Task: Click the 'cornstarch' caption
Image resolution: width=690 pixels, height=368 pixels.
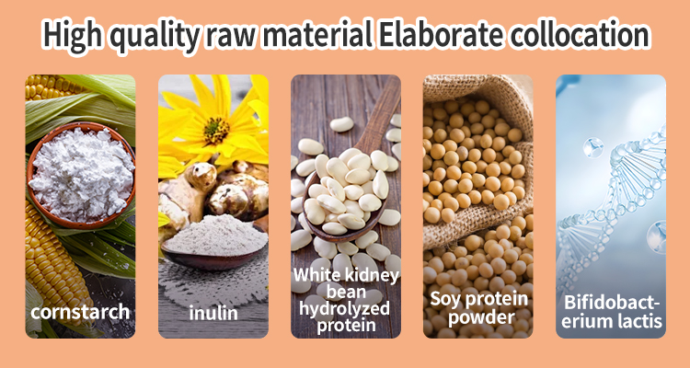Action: pos(80,311)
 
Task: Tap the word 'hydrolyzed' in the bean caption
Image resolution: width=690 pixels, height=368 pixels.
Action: pos(346,306)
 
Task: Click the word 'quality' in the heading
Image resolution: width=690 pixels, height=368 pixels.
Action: pos(158,35)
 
